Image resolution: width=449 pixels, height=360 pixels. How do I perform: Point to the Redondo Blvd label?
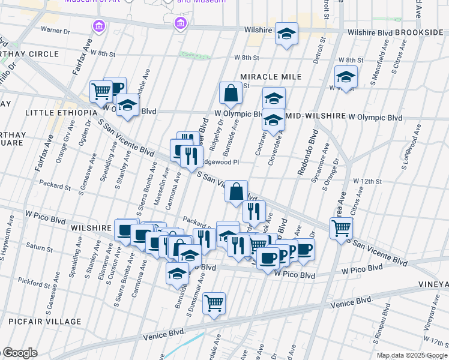pos(306,155)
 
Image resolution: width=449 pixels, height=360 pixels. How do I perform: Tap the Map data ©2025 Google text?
pos(412,355)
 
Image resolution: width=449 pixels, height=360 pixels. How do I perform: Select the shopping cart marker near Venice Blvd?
pos(213,302)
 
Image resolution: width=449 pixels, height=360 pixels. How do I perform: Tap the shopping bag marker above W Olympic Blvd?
pos(231,92)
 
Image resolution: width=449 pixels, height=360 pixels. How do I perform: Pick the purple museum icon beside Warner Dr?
pos(97,26)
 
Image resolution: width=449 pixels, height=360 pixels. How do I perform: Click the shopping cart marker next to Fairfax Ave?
pos(100,91)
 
